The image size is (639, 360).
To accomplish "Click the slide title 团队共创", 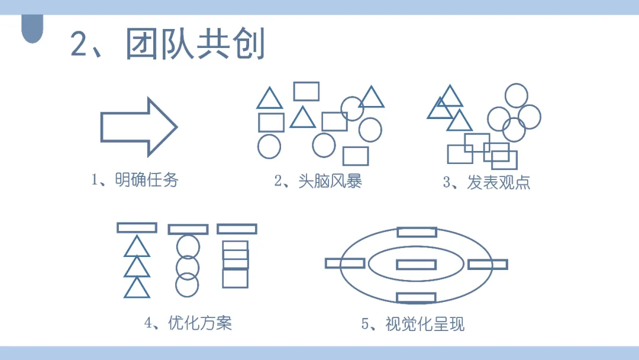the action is (196, 44).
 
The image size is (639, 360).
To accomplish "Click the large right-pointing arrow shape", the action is (138, 127).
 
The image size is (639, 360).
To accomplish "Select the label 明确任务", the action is (147, 179).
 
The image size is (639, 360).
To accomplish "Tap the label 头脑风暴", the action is (330, 181).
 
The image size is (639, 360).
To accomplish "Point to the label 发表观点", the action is (498, 182).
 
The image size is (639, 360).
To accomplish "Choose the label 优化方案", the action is (200, 323).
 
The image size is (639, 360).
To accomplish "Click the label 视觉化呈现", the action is (425, 324).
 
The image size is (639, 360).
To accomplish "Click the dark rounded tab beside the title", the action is (32, 28).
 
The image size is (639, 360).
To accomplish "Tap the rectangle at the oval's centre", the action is (417, 265).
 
